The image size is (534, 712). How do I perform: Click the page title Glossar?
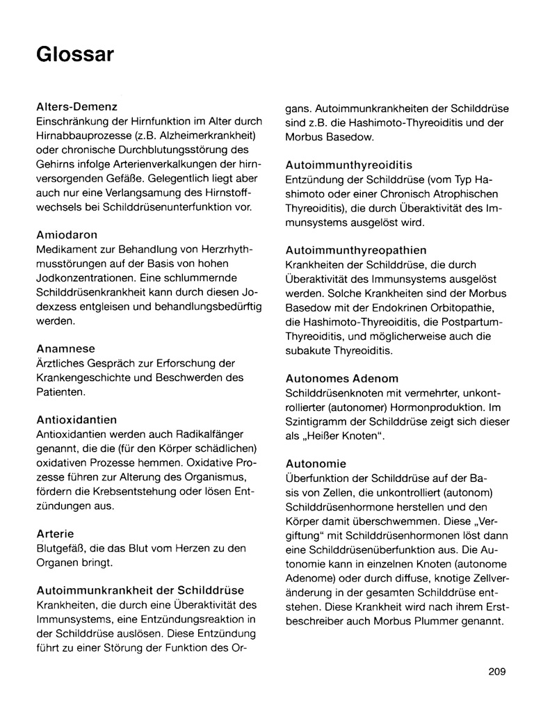[75, 54]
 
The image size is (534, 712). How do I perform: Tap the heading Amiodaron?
[67, 235]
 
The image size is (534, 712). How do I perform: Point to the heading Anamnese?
[65, 348]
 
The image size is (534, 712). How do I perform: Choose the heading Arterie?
[56, 533]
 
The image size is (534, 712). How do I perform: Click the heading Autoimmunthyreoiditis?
[349, 165]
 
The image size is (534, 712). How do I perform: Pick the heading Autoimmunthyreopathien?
[356, 250]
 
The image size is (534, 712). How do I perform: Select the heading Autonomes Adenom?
[342, 378]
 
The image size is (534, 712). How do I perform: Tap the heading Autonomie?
[316, 463]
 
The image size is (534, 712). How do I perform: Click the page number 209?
[497, 671]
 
